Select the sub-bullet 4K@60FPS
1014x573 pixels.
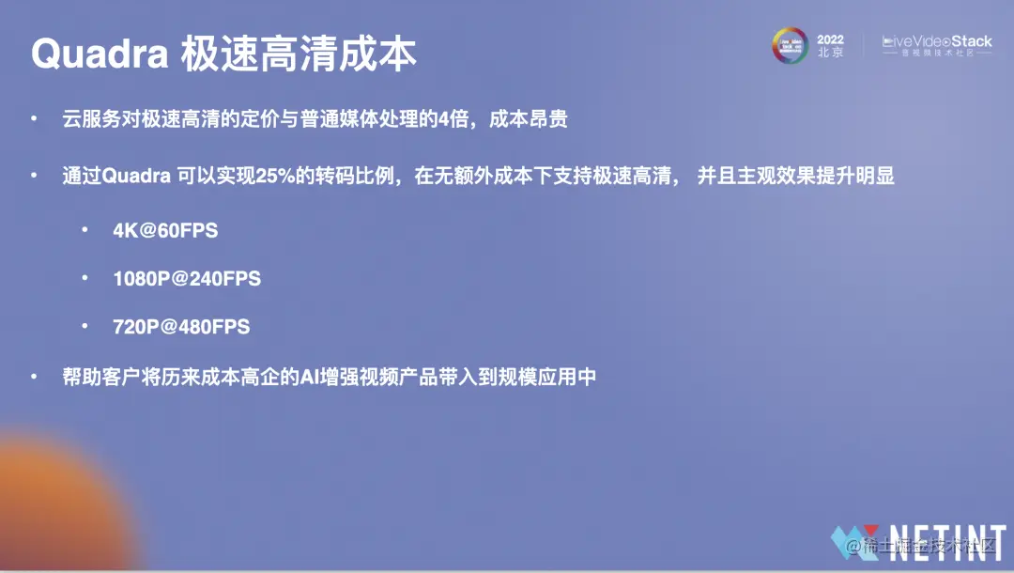[x=165, y=230]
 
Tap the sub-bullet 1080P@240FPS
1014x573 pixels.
[x=187, y=279]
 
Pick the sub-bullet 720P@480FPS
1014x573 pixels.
[x=181, y=328]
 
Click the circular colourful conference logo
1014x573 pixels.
[x=790, y=46]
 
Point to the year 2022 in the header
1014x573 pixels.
[x=830, y=39]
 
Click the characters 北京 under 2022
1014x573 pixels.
[x=830, y=54]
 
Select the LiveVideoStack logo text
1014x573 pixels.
[x=936, y=42]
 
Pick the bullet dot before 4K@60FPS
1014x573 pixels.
[x=84, y=230]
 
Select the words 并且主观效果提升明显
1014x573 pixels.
[x=796, y=177]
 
